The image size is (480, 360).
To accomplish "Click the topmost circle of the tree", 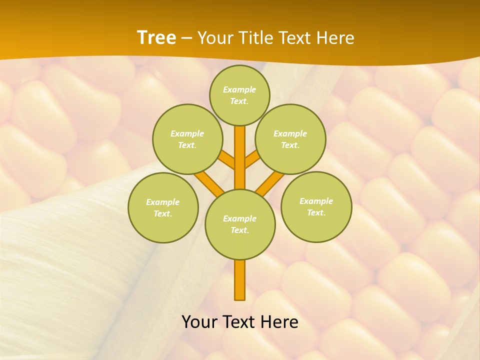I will (239, 95).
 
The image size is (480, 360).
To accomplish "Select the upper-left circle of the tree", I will (187, 139).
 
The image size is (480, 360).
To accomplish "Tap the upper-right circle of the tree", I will (290, 139).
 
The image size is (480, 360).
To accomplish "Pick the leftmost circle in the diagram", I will (163, 207).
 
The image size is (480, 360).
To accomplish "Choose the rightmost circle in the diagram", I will (316, 206).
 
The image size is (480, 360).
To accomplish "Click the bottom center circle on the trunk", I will (240, 224).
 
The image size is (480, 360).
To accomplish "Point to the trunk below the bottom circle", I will (240, 280).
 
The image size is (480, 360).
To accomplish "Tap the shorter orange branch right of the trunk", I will (252, 159).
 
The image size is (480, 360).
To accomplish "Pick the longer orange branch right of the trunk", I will (269, 183).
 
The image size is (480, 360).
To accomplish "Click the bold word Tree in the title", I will (156, 37).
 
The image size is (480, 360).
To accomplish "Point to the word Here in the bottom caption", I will (280, 322).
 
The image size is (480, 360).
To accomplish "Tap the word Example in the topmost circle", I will (239, 89).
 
